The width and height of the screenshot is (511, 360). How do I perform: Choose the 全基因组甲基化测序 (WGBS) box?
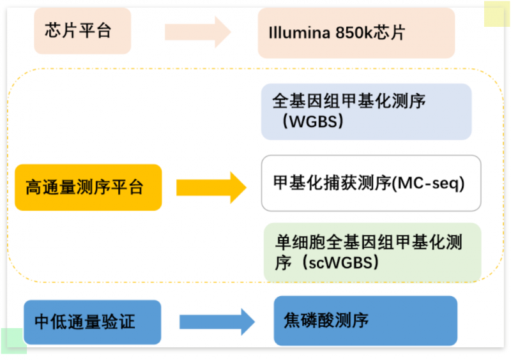(x=366, y=112)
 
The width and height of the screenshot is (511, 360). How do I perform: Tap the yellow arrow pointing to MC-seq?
(x=211, y=187)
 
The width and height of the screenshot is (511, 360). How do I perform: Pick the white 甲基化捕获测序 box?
(x=370, y=183)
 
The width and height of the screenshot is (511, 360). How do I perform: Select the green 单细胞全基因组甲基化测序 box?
(x=372, y=252)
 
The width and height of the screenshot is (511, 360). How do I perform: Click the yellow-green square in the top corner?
(x=496, y=13)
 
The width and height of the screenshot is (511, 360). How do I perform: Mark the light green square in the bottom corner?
(x=13, y=341)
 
